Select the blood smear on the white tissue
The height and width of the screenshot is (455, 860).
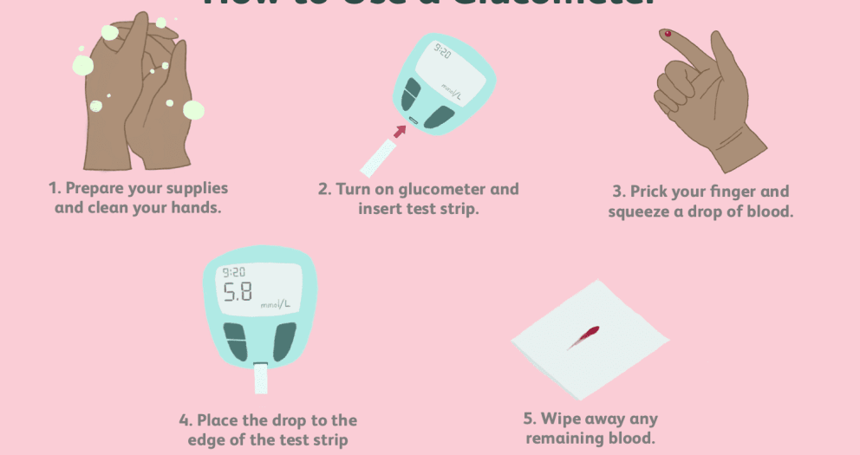click(584, 336)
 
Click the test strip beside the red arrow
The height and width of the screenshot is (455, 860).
click(378, 159)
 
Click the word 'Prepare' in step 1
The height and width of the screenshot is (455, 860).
click(100, 188)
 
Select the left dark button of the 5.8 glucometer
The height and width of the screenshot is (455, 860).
click(235, 340)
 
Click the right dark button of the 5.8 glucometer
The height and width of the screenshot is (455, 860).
click(283, 340)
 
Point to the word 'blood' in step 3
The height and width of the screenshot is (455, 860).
click(768, 211)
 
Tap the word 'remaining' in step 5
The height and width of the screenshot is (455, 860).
click(561, 439)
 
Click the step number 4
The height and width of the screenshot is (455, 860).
click(184, 420)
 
